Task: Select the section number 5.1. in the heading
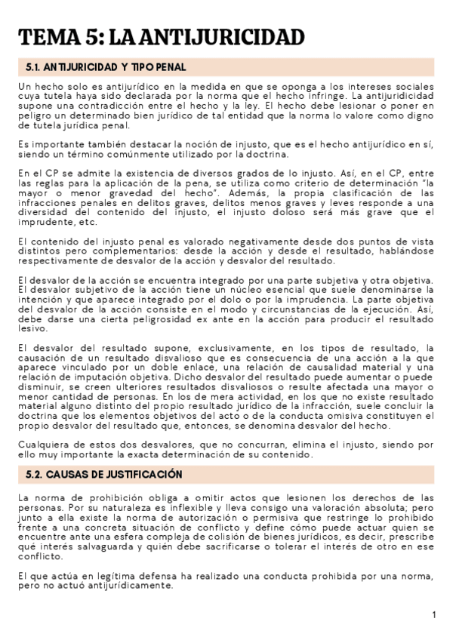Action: (35, 67)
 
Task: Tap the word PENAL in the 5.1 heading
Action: (169, 67)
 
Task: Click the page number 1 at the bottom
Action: (435, 615)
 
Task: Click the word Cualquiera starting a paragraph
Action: (45, 445)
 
